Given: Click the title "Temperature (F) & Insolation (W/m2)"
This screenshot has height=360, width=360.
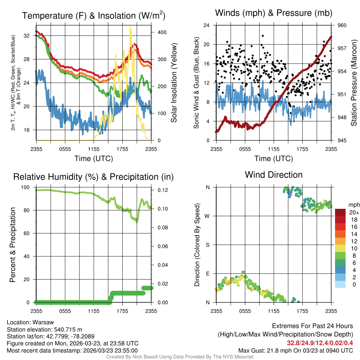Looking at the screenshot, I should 94,15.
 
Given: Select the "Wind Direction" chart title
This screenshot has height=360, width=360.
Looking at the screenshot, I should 274,175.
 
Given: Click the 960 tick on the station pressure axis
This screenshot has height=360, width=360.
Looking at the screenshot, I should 342,25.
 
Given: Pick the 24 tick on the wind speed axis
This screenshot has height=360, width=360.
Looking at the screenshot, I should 207,25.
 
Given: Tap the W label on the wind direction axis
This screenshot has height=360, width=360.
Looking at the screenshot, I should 208,216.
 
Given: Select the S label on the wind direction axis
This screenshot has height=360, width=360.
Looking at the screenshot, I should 208,245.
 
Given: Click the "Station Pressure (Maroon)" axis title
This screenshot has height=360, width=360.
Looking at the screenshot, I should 354,83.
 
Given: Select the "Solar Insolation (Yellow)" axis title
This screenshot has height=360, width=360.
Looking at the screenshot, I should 174,83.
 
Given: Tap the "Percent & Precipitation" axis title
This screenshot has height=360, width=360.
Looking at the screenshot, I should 13,245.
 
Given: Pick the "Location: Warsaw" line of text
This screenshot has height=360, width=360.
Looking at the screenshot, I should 30,322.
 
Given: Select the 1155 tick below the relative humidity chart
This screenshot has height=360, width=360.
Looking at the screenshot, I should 94,311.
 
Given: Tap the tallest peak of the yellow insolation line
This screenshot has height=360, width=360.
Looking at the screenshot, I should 130,26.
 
